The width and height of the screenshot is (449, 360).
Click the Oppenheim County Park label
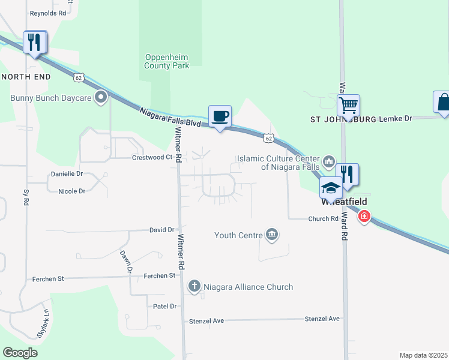click(167, 61)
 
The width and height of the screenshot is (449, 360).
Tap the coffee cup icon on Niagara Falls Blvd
click(220, 115)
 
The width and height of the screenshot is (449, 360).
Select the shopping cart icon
click(348, 106)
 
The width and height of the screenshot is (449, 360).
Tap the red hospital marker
click(364, 216)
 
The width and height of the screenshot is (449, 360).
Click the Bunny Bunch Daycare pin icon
click(101, 97)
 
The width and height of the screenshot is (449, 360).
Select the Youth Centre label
click(238, 235)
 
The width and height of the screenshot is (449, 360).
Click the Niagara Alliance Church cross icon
click(194, 287)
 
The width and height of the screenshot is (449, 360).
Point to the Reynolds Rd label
click(48, 12)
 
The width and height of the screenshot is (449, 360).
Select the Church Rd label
click(324, 219)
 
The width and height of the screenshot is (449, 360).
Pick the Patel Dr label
click(165, 306)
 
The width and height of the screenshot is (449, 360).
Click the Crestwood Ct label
click(152, 157)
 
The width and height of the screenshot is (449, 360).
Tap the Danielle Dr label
click(66, 173)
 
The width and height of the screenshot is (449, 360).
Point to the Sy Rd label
click(25, 198)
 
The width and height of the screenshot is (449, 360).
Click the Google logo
click(20, 353)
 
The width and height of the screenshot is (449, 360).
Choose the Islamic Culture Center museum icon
click(328, 161)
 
